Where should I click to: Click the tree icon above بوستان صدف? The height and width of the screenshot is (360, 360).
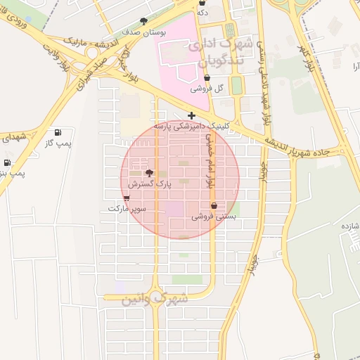pyautogui.click(x=144, y=21)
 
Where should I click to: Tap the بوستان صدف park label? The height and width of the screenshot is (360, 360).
pyautogui.click(x=144, y=32)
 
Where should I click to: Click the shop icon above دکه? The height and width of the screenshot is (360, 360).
pyautogui.click(x=202, y=3)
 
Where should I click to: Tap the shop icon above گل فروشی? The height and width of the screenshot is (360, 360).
pyautogui.click(x=206, y=79)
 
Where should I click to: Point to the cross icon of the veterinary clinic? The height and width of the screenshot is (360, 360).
pyautogui.click(x=191, y=115)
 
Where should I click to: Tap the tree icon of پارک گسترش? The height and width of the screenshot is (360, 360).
pyautogui.click(x=148, y=173)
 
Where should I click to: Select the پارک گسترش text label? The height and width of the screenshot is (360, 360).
pyautogui.click(x=150, y=184)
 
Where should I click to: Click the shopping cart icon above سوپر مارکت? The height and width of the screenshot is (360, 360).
pyautogui.click(x=127, y=198)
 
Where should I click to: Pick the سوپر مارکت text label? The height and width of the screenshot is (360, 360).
pyautogui.click(x=127, y=209)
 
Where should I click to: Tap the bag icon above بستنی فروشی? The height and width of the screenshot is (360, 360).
pyautogui.click(x=214, y=206)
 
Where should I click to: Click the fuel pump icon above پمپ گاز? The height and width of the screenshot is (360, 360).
pyautogui.click(x=58, y=132)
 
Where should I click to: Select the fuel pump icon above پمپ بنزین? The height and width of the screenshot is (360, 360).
pyautogui.click(x=6, y=162)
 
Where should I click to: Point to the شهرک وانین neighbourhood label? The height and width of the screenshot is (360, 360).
pyautogui.click(x=155, y=298)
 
